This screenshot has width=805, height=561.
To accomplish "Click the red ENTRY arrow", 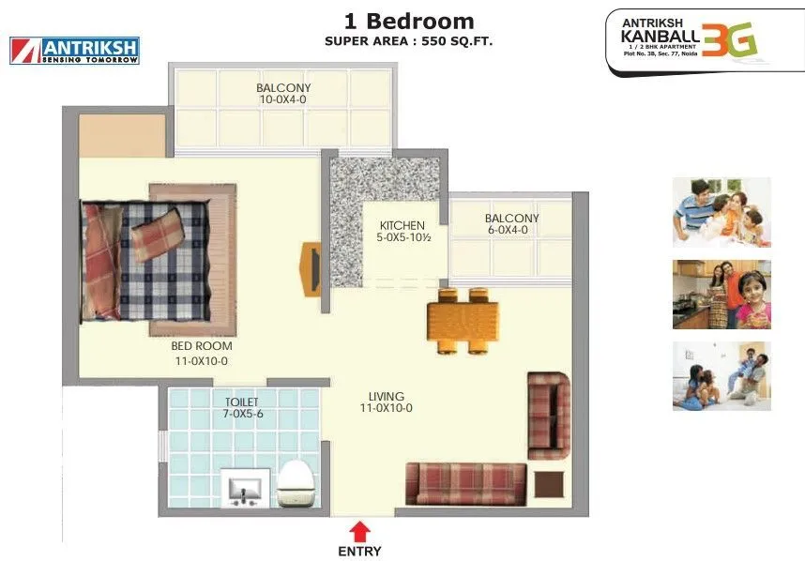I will point(358,530).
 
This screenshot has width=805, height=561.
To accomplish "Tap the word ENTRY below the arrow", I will point(359,552).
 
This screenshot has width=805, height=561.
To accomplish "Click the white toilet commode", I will point(299,484).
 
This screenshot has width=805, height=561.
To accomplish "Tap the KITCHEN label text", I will point(402,226).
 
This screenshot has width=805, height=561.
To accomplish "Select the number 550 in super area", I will point(434,41).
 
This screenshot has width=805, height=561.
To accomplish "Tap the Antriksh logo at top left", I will point(74,51).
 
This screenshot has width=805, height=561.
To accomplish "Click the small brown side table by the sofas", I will point(547,483).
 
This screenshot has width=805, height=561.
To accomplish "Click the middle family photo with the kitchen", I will point(721,295).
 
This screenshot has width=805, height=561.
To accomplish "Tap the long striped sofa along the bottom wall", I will point(464,484).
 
